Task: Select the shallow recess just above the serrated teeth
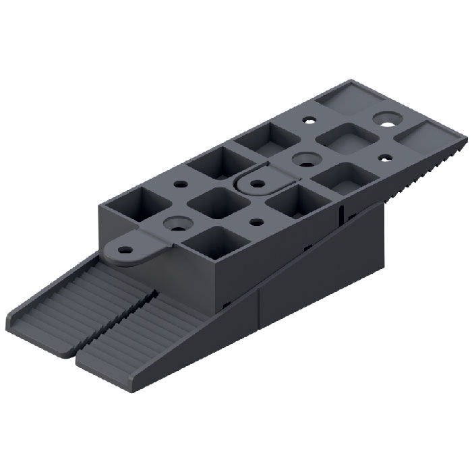[424, 138]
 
